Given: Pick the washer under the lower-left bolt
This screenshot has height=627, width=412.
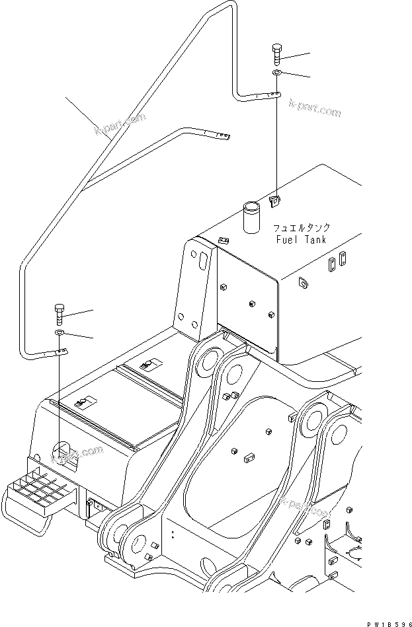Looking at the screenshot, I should [x=59, y=332].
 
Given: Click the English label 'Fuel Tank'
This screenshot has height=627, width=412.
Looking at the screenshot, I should [x=301, y=240].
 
